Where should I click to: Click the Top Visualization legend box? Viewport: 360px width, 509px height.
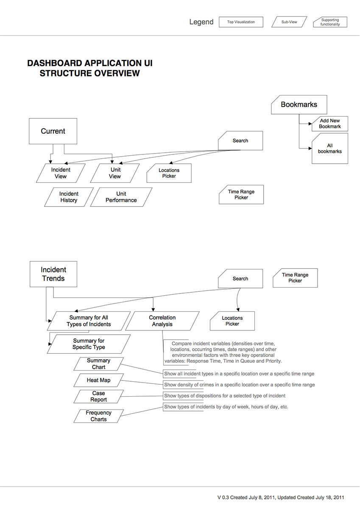pyautogui.click(x=241, y=22)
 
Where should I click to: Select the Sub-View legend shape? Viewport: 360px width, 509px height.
pyautogui.click(x=289, y=22)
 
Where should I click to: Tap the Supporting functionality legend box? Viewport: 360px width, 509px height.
pyautogui.click(x=330, y=22)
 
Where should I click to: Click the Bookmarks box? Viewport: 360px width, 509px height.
pyautogui.click(x=299, y=104)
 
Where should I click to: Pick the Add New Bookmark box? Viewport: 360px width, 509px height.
pyautogui.click(x=330, y=123)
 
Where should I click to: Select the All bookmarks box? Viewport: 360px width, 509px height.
pyautogui.click(x=330, y=148)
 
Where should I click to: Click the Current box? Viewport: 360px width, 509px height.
pyautogui.click(x=53, y=131)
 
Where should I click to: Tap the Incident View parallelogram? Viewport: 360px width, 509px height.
pyautogui.click(x=61, y=173)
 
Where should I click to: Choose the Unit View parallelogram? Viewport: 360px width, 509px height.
pyautogui.click(x=115, y=173)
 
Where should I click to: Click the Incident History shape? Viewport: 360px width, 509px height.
pyautogui.click(x=69, y=197)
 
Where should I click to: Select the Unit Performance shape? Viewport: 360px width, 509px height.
pyautogui.click(x=121, y=197)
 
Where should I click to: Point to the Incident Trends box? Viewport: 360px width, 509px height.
pyautogui.click(x=53, y=274)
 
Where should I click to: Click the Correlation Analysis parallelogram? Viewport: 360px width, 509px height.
pyautogui.click(x=162, y=321)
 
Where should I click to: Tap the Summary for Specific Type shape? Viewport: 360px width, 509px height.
pyautogui.click(x=89, y=344)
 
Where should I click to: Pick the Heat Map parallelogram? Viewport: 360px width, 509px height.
pyautogui.click(x=98, y=380)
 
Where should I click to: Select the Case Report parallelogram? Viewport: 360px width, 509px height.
pyautogui.click(x=98, y=397)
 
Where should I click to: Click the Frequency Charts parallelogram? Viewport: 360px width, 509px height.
pyautogui.click(x=98, y=416)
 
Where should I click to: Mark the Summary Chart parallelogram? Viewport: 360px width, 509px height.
pyautogui.click(x=98, y=364)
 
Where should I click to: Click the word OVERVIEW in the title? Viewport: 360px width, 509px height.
pyautogui.click(x=117, y=73)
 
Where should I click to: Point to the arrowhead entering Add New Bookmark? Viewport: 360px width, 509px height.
pyautogui.click(x=310, y=124)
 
